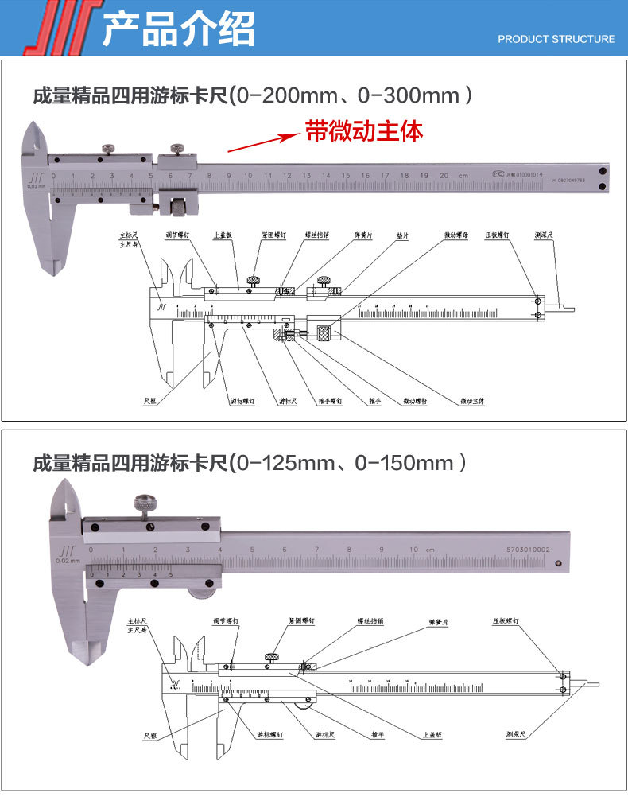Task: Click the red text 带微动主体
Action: pos(364,131)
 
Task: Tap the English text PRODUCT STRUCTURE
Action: pos(556,39)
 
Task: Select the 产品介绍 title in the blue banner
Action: pos(179,29)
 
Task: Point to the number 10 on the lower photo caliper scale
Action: pos(414,550)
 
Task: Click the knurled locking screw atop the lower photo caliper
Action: pos(145,503)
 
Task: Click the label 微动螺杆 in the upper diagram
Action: pos(415,400)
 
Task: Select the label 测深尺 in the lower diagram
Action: pos(518,734)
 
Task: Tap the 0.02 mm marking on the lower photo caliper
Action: pos(68,561)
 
